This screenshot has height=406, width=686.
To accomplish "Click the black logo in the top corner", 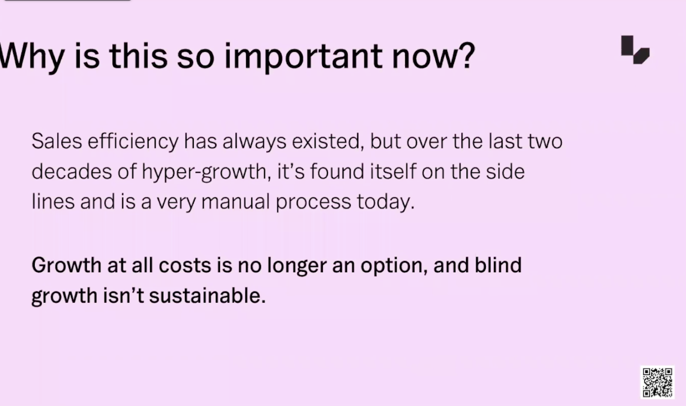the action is click(635, 50).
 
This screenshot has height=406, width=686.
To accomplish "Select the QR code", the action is click(657, 382).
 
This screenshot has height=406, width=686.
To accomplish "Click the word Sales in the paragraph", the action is click(57, 141).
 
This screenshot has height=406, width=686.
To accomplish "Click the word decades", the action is click(72, 171).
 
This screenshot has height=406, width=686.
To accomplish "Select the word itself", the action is click(393, 171).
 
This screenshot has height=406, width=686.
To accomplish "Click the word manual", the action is click(235, 202).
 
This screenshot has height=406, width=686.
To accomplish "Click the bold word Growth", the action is click(66, 265).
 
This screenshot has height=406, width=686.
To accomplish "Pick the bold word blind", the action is click(498, 265).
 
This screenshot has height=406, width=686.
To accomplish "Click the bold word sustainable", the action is click(208, 295).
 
